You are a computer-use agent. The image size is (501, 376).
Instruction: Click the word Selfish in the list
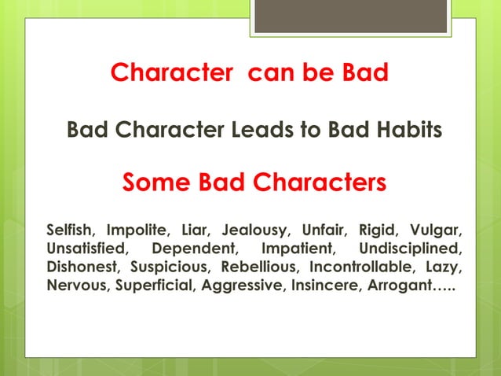click(70, 231)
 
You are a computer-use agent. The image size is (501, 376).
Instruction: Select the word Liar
click(194, 231)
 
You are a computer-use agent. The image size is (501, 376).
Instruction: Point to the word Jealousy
click(255, 232)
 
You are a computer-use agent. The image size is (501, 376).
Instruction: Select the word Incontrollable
click(363, 267)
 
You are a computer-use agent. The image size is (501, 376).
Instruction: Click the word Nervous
click(79, 286)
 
